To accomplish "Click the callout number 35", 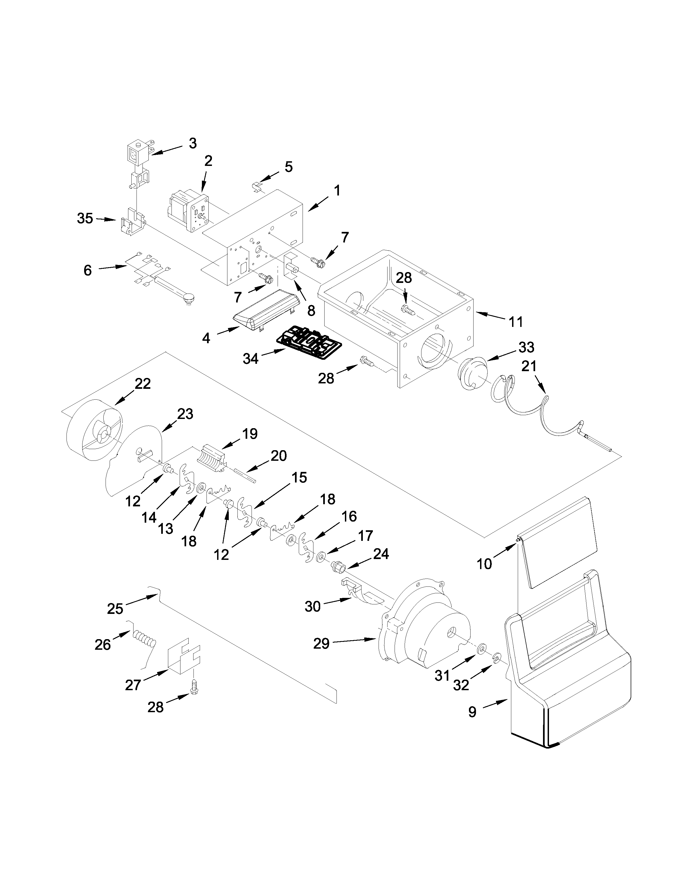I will click(x=85, y=219).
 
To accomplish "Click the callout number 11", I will click(x=516, y=322).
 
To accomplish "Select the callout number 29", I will click(x=321, y=644).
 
